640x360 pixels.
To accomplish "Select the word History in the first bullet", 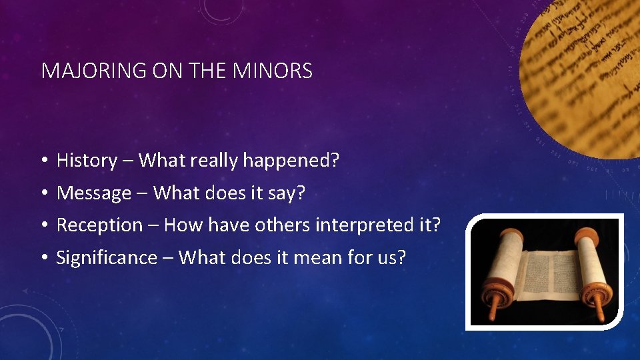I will [87, 161].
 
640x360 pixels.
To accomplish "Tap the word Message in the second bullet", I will [94, 193].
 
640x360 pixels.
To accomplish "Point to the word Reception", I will [99, 225].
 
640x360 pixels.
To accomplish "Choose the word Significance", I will [106, 258].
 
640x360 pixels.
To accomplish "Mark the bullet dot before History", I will [42, 161].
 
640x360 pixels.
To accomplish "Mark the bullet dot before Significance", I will [42, 258].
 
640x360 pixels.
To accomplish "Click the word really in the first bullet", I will [215, 161].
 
